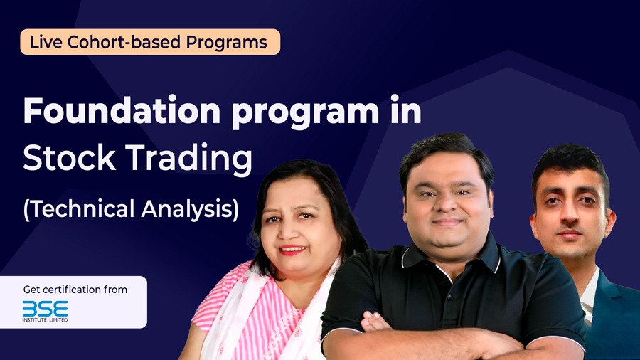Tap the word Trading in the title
[188, 159]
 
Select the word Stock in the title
[70, 157]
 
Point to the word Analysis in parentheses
[190, 209]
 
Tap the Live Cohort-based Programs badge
[150, 42]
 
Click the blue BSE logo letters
[46, 309]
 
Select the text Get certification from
[75, 290]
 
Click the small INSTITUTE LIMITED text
[46, 320]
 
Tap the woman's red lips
[292, 250]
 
